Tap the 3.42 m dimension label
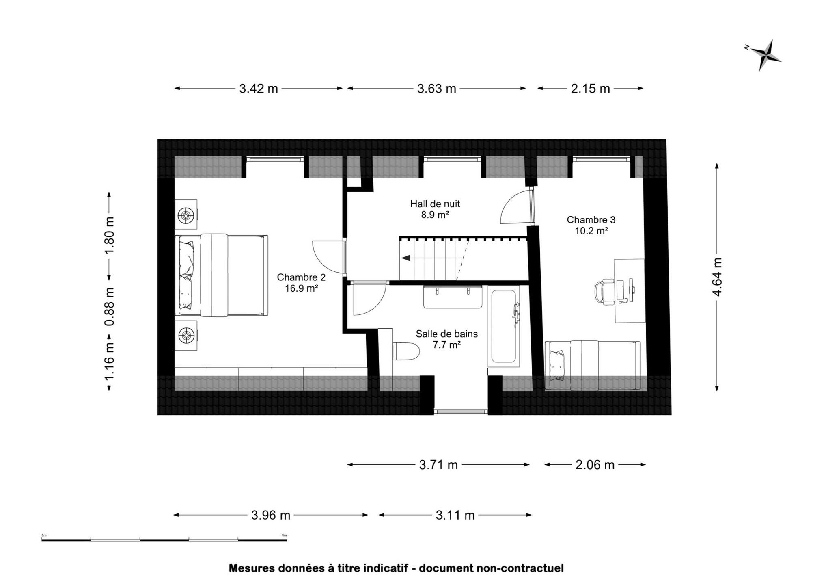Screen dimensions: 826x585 click(259, 89)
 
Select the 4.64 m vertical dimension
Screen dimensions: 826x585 click(717, 277)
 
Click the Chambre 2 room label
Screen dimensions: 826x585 click(301, 283)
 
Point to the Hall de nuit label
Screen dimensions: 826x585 click(435, 209)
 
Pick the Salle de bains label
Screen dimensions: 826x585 click(447, 339)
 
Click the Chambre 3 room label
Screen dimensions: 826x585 click(591, 225)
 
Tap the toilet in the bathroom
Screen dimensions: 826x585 click(405, 351)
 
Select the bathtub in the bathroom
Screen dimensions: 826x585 click(504, 326)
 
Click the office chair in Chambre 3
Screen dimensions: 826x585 click(605, 291)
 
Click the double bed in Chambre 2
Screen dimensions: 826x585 click(222, 275)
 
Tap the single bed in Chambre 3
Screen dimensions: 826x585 click(592, 366)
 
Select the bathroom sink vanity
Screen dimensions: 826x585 click(453, 297)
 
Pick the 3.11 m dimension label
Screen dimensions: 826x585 click(455, 516)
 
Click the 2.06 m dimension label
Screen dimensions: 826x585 click(595, 465)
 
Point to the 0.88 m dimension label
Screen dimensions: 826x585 click(109, 307)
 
